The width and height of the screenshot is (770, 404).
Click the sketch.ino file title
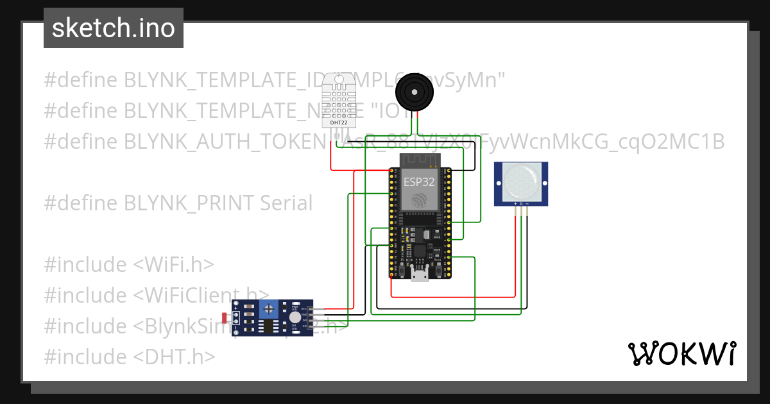click(x=114, y=28)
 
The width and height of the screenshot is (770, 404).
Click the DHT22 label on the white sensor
click(x=339, y=122)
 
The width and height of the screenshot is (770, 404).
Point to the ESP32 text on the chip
click(x=420, y=181)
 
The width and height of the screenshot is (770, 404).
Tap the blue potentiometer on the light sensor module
click(x=269, y=310)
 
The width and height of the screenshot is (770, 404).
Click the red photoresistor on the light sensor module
click(x=224, y=317)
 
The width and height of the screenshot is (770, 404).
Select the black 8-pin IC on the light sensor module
click(x=265, y=327)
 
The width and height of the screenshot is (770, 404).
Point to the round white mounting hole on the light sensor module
click(x=294, y=317)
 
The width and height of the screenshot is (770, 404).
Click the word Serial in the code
click(x=286, y=203)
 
